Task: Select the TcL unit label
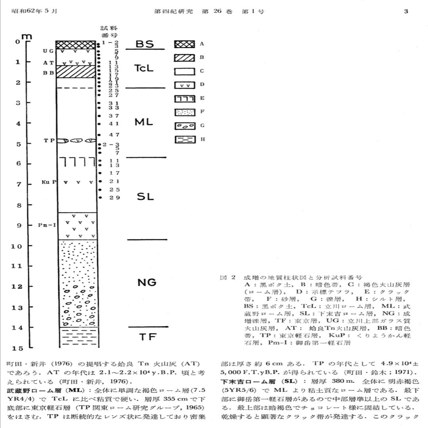pos(144,68)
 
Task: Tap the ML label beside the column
pos(144,122)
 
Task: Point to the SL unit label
pos(145,197)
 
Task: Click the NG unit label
pos(147,283)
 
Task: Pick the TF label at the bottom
pos(147,337)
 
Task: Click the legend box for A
pos(185,44)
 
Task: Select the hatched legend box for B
pos(185,58)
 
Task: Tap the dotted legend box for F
pos(185,113)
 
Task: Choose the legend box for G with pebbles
pos(185,126)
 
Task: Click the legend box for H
pos(185,140)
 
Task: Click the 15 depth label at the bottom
pos(17,348)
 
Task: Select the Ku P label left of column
pos(48,182)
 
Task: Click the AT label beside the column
pos(48,63)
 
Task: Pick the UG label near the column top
pos(48,51)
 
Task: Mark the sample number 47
pos(115,135)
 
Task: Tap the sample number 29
pos(115,197)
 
